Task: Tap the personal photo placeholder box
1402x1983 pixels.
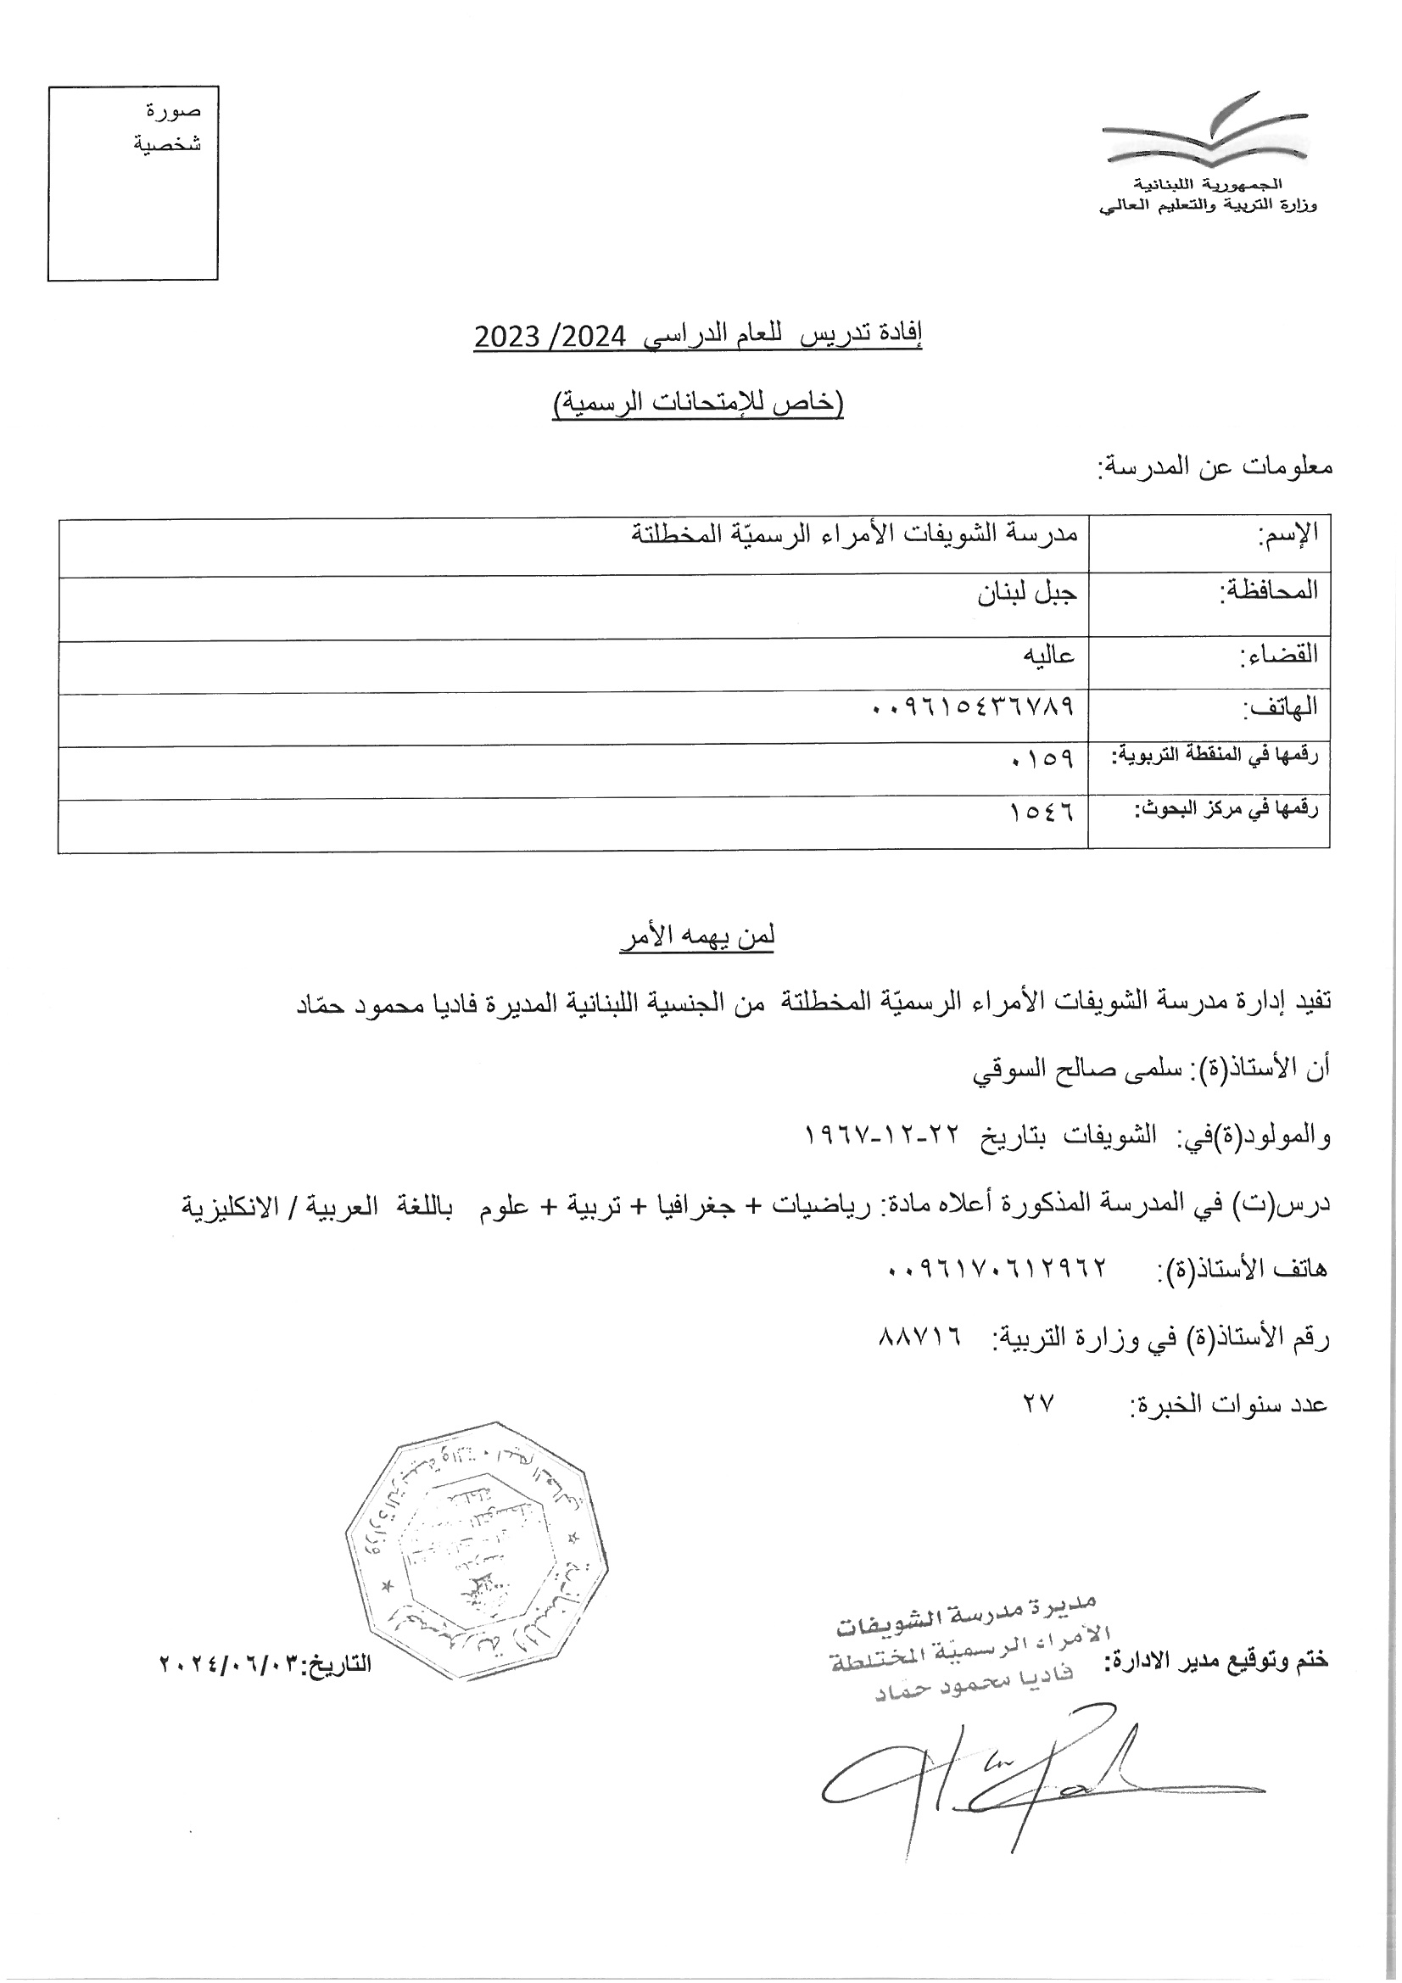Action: (x=132, y=183)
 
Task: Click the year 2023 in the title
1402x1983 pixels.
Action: (x=507, y=337)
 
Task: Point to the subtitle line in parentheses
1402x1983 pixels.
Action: (x=698, y=404)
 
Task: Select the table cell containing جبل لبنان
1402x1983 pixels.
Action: (x=1027, y=595)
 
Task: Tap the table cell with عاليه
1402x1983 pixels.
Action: (x=1048, y=654)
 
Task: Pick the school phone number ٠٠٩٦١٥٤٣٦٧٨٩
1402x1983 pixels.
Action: (x=973, y=707)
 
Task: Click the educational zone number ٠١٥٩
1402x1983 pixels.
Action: (x=1042, y=759)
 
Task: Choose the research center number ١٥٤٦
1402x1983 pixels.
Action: (x=1042, y=812)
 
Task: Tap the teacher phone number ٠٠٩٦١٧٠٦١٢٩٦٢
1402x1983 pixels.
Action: (x=997, y=1268)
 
